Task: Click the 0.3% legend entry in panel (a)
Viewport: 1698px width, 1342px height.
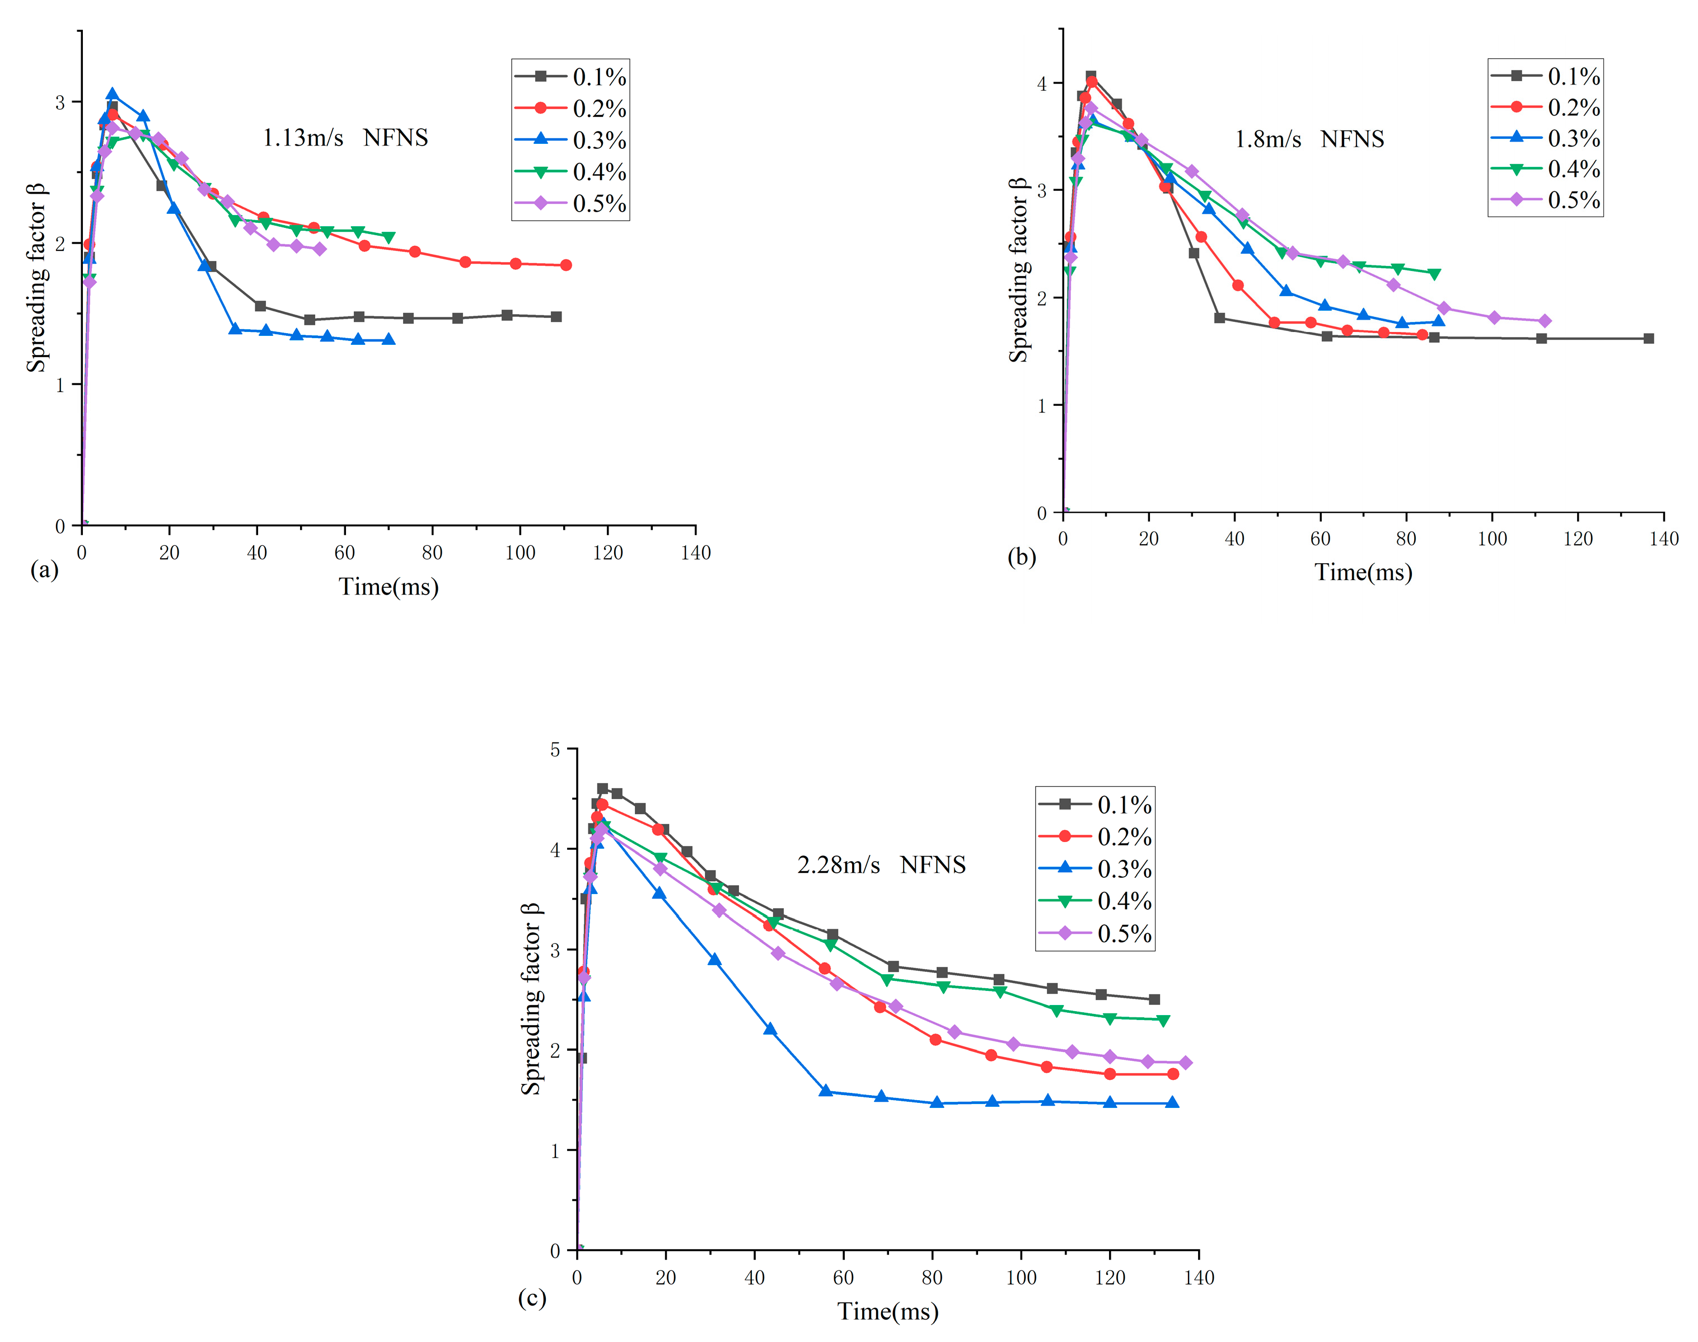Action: click(571, 140)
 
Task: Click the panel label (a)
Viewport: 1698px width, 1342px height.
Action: click(44, 569)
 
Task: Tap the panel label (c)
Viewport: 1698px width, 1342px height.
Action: click(532, 1297)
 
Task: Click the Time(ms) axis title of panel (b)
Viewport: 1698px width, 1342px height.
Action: click(1363, 572)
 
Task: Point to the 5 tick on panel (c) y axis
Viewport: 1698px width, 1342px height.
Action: click(555, 750)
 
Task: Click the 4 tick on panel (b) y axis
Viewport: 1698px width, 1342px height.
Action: click(1042, 83)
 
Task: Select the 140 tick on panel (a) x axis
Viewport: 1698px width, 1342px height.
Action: click(695, 553)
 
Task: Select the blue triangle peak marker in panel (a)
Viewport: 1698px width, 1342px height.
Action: click(113, 94)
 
